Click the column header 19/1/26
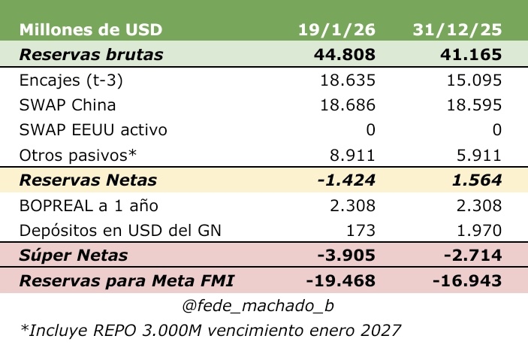tap(336, 31)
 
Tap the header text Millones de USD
tap(90, 31)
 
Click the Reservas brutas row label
tap(91, 55)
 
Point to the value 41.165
tap(470, 55)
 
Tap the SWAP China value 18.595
tap(475, 105)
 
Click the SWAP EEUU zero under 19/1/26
tap(370, 130)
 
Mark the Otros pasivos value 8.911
tap(353, 155)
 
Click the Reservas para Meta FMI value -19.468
tap(341, 281)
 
